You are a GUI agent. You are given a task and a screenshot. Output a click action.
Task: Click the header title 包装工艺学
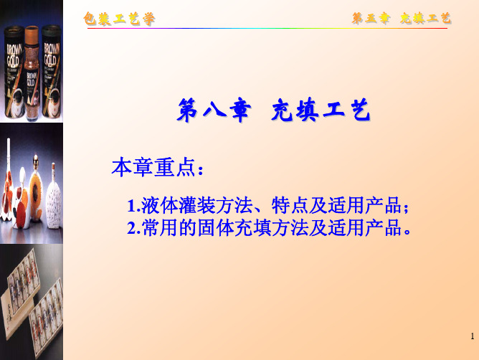coord(119,19)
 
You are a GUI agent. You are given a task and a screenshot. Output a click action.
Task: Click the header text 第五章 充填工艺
coord(402,19)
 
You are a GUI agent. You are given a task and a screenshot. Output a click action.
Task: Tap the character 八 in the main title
coord(214,110)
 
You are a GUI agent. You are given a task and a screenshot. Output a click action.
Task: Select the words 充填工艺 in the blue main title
coord(321,110)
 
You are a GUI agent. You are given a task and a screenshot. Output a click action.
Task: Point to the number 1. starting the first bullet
coord(133,206)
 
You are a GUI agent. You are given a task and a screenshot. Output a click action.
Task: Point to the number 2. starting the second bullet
coord(133,228)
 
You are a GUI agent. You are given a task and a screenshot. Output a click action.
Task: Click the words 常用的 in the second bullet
coord(169,228)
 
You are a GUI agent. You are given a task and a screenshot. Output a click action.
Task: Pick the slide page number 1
coord(473,336)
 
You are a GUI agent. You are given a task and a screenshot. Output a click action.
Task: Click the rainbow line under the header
coord(267,29)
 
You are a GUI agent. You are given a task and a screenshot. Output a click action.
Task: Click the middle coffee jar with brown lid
coord(32,72)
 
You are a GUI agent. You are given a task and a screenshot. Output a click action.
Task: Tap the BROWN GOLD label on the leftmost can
coord(14,56)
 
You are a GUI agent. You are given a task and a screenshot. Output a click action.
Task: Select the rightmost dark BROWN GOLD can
coord(52,72)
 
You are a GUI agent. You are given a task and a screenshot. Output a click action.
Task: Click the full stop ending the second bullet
coord(407,232)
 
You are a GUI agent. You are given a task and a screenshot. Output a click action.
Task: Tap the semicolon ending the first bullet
coord(406,208)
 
